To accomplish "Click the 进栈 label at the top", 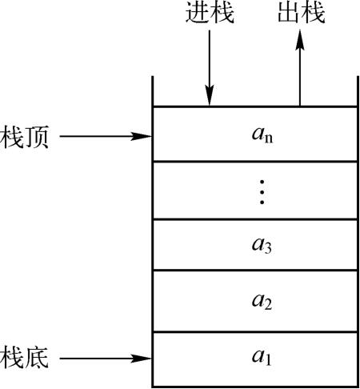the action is [x=210, y=13].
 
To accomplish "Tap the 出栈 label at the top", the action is [x=302, y=13].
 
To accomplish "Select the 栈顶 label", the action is [x=24, y=137].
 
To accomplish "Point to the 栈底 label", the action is [x=24, y=358].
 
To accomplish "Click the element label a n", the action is [x=262, y=135].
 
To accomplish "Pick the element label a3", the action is [x=262, y=246].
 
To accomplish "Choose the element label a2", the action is [x=262, y=302].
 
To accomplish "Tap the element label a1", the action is [x=262, y=357].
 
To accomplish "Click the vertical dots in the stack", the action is [x=262, y=192].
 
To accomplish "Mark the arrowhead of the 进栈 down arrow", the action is [x=210, y=96].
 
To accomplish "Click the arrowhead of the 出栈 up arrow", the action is [x=300, y=40].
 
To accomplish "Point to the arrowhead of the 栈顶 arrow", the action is [x=142, y=136].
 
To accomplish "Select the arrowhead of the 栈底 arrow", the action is [x=142, y=359].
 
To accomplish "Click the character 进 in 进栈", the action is [x=198, y=13].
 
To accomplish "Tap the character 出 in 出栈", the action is [x=290, y=13].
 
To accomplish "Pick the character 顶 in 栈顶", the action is [x=37, y=137].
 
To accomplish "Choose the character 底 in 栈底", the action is [x=37, y=358].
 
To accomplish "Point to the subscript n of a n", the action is [x=269, y=138].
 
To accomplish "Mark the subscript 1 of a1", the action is [x=268, y=360].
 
